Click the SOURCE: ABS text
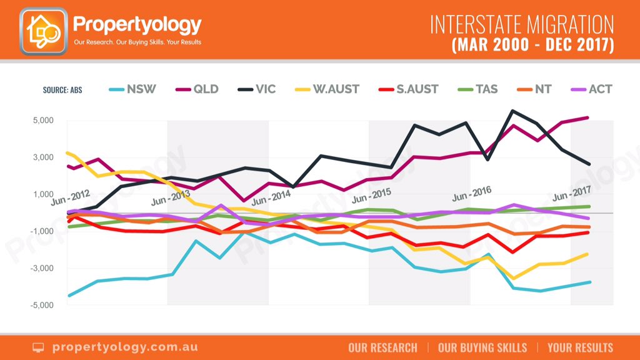[x=62, y=89]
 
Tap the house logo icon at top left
[x=43, y=30]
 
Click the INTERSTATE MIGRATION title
[x=522, y=24]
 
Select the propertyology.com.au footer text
[x=115, y=347]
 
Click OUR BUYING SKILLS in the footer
[x=482, y=347]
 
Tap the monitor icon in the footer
[x=39, y=347]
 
